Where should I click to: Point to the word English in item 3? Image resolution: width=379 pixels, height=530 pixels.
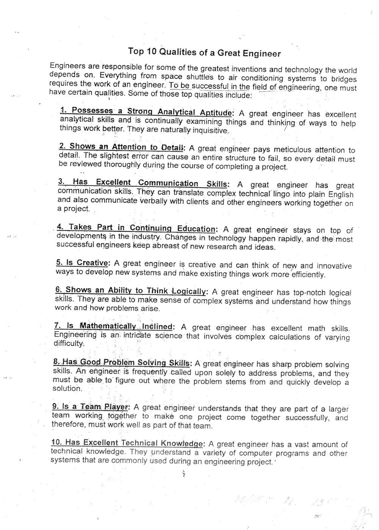tap(340, 195)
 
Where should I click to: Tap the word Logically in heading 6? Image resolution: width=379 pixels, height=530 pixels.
tap(188, 291)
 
